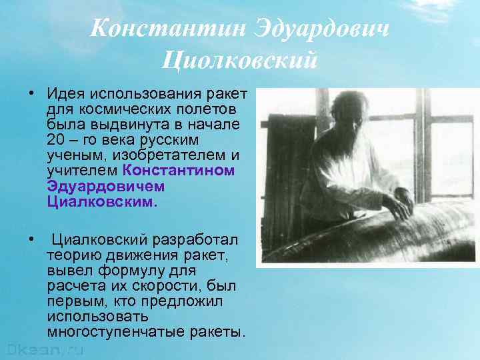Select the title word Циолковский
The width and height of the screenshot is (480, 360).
click(x=239, y=61)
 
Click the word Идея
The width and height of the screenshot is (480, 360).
click(x=66, y=93)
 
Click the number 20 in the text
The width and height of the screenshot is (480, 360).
click(x=56, y=140)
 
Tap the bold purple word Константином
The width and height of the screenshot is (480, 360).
click(x=180, y=171)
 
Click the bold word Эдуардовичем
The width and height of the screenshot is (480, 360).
click(x=106, y=187)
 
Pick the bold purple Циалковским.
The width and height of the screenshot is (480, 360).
click(x=102, y=202)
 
